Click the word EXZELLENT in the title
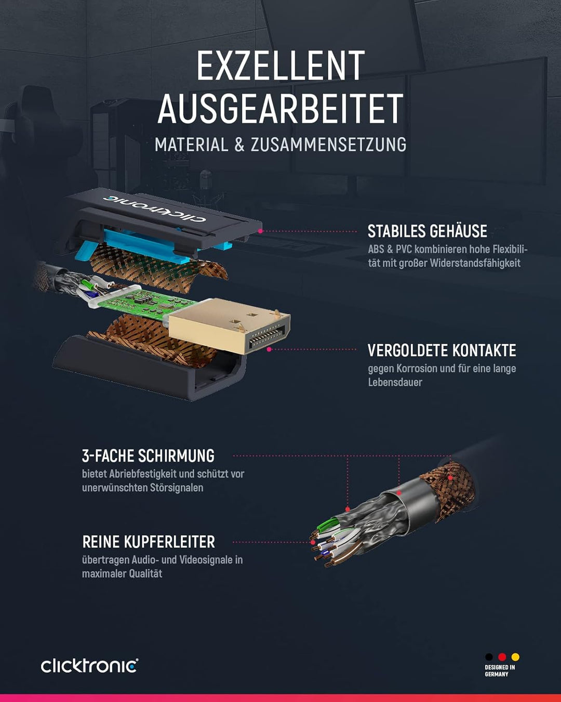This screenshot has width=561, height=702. click(x=280, y=66)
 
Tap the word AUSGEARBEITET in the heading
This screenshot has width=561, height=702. click(x=280, y=109)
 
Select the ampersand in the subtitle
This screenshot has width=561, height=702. click(x=239, y=145)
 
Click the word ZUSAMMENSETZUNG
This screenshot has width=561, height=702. click(x=329, y=145)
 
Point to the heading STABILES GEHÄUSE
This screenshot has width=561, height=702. click(x=428, y=231)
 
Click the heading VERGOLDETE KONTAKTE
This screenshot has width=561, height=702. click(x=442, y=350)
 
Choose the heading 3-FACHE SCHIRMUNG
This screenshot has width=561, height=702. click(x=149, y=456)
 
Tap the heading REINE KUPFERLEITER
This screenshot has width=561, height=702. click(x=149, y=542)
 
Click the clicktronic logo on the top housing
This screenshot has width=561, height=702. click(x=154, y=209)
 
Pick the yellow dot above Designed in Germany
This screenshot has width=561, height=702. click(x=515, y=657)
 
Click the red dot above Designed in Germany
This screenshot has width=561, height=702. click(x=502, y=657)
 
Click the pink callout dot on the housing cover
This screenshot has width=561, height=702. click(x=260, y=231)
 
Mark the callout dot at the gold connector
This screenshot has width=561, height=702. click(x=269, y=349)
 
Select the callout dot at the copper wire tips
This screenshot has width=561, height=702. click(x=313, y=542)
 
